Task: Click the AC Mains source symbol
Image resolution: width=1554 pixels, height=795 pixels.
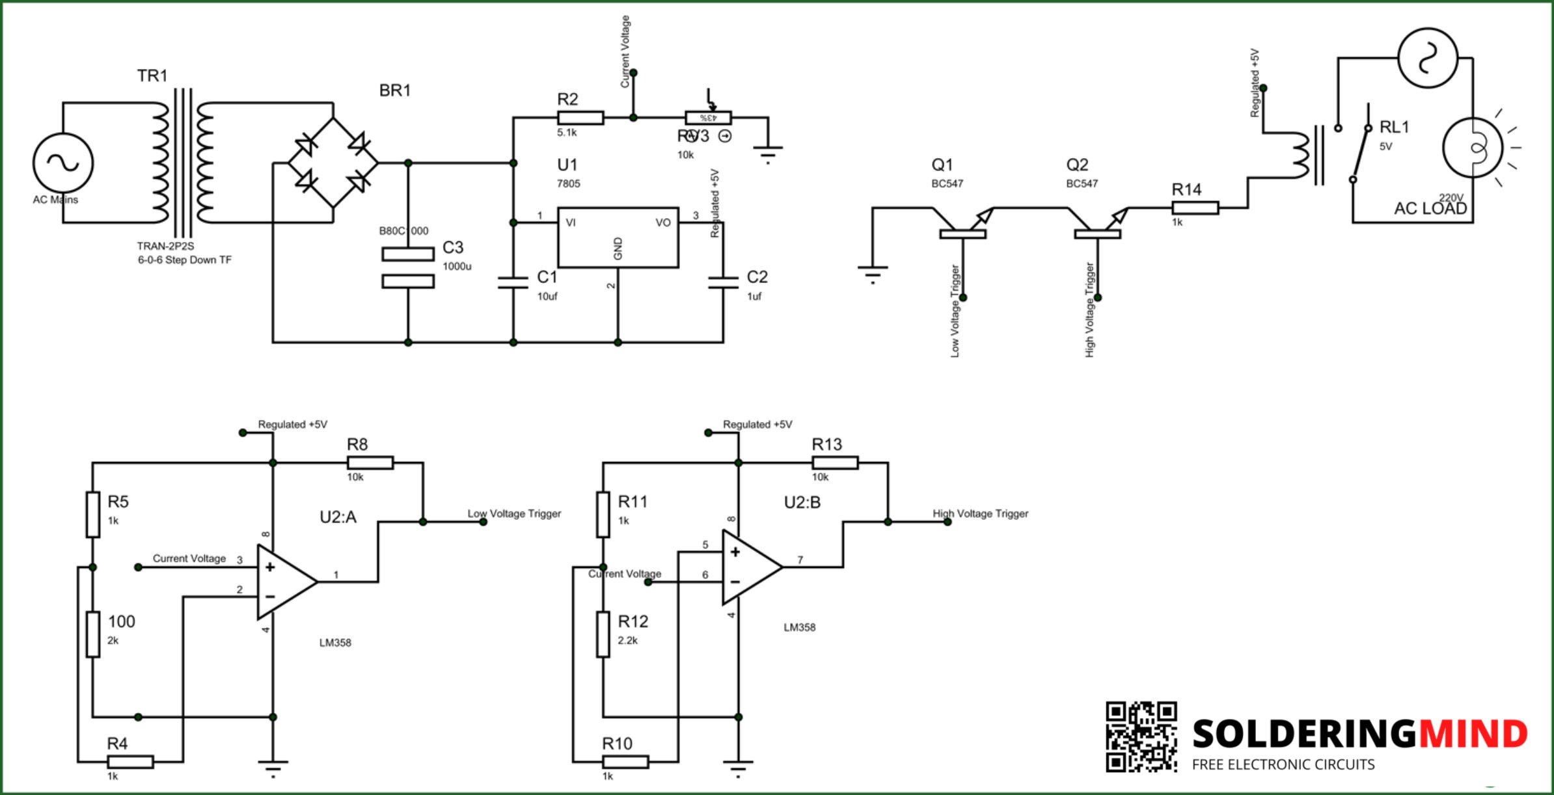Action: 63,163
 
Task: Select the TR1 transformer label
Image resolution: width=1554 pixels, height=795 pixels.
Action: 152,76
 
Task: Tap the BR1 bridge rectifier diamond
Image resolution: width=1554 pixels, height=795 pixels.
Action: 333,163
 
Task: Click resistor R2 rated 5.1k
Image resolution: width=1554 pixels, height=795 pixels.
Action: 580,118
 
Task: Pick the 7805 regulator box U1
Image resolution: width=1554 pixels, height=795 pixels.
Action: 618,237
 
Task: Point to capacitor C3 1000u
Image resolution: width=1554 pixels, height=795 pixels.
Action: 408,267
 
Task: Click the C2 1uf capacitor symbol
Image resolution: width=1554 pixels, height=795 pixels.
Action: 723,282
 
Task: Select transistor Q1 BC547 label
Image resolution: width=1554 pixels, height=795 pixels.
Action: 942,165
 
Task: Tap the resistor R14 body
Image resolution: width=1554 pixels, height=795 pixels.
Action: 1195,208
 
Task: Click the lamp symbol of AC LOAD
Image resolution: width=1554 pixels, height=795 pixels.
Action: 1473,148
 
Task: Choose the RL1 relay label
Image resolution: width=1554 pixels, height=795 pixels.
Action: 1394,127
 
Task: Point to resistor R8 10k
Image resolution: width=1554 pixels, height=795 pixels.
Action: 370,463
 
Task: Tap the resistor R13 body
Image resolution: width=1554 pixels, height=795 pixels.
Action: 835,463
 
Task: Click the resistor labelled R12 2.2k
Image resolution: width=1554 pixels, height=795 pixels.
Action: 603,634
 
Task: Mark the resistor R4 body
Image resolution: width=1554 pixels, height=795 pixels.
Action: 130,762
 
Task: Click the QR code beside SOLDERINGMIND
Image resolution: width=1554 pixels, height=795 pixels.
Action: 1141,736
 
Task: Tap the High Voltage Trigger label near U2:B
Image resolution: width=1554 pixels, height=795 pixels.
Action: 981,513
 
